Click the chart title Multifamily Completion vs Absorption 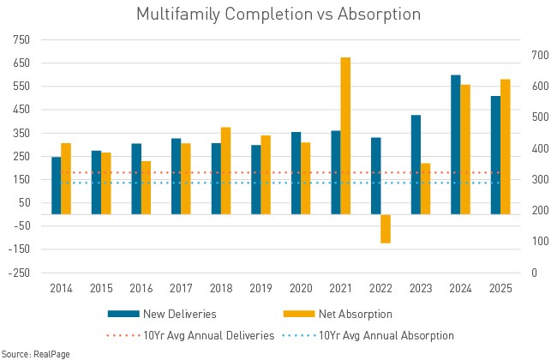[278, 15]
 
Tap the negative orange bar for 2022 [386, 229]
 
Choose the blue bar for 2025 [495, 155]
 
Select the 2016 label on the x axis [141, 290]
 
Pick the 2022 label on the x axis [380, 290]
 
